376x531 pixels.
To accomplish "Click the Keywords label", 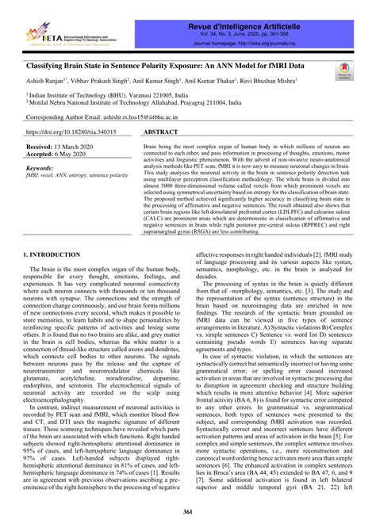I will pos(46,170).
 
